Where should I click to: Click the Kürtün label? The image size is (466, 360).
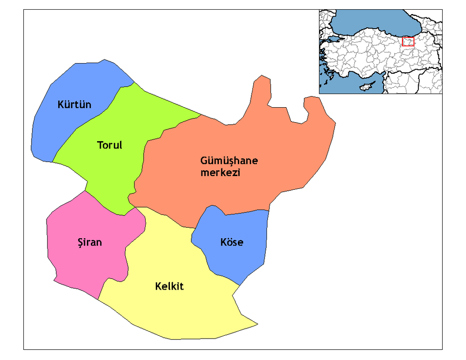point(74,105)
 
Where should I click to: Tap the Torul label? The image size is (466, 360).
point(110,145)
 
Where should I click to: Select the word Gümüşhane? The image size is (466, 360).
point(229,161)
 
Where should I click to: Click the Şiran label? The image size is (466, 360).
point(90,242)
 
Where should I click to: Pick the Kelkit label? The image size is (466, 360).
point(169,286)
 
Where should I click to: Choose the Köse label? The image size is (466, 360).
point(232,242)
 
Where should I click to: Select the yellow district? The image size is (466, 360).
point(184,311)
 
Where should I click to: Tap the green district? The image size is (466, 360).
point(116,175)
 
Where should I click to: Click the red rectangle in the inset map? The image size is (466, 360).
point(408,42)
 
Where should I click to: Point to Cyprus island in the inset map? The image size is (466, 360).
point(364,88)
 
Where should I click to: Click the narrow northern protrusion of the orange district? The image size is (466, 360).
point(262,90)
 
